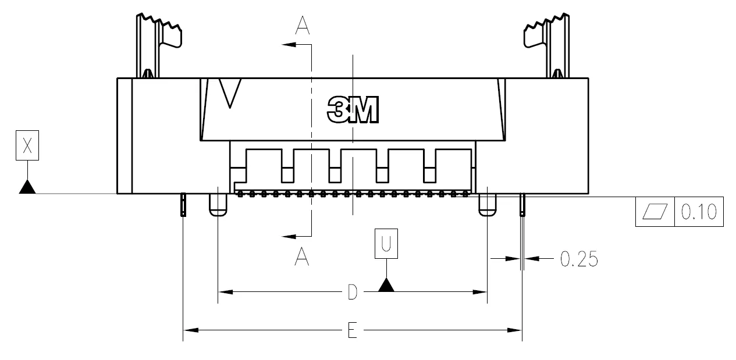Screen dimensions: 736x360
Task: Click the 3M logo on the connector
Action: pos(353,110)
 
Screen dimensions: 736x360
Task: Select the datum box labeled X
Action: pos(27,145)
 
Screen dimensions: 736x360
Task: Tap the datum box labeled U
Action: pos(386,244)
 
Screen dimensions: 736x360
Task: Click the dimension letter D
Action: pos(352,292)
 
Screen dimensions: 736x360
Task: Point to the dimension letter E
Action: pos(352,330)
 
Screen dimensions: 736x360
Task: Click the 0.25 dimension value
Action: pos(579,259)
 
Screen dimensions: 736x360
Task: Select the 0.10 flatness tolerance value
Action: pos(699,212)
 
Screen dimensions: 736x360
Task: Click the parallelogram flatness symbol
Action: pos(655,211)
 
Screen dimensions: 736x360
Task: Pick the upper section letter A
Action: pos(303,26)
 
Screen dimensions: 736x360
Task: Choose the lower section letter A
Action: pos(301,257)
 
